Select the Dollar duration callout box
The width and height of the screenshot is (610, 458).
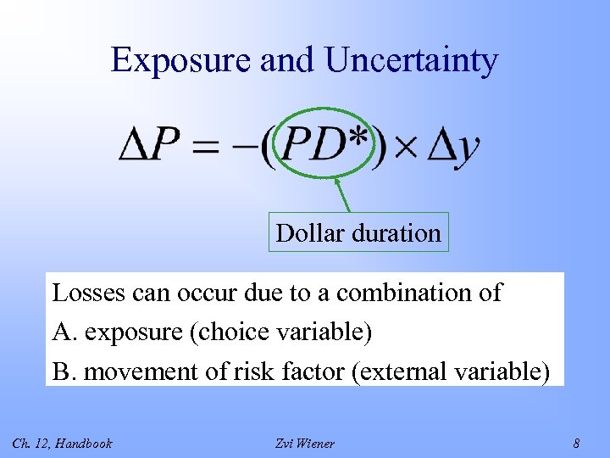pyautogui.click(x=358, y=232)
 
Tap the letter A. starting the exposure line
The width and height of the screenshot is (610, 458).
pyautogui.click(x=64, y=332)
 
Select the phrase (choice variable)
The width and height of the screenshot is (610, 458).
pyautogui.click(x=282, y=332)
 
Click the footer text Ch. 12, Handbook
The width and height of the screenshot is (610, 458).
pyautogui.click(x=62, y=443)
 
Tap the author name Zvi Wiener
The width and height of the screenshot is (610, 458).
pyautogui.click(x=305, y=443)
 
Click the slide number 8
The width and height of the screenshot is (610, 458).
pyautogui.click(x=576, y=443)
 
